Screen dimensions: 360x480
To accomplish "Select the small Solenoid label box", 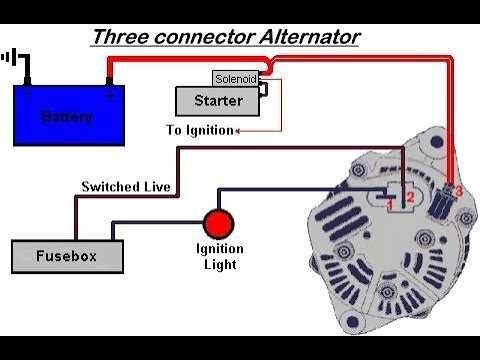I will coord(235,78).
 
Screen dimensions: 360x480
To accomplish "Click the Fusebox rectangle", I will coord(66,256).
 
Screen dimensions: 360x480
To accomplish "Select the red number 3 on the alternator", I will coord(458,189).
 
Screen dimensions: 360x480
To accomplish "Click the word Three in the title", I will coord(118,37).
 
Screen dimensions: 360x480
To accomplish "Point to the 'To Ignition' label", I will coord(198,130).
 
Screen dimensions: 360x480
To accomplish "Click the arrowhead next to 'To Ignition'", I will coord(239,130).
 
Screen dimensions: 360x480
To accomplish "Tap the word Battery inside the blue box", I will coord(66,118).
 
